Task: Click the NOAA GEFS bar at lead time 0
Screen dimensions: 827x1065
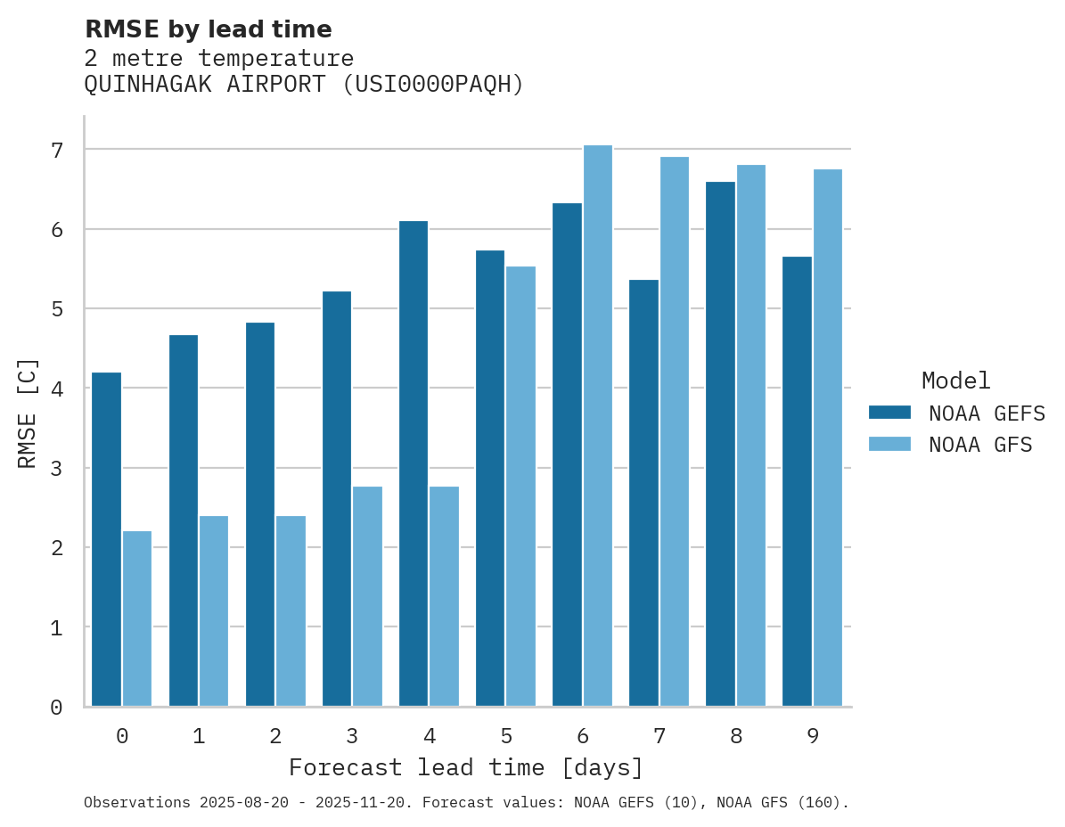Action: click(x=106, y=539)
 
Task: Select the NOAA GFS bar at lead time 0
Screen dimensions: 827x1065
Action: click(x=137, y=618)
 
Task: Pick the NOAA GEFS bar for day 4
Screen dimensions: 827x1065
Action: click(x=414, y=463)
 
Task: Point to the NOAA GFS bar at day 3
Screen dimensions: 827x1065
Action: click(x=367, y=596)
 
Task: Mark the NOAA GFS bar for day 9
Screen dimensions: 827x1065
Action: click(x=827, y=438)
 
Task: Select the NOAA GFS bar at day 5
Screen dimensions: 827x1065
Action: click(x=520, y=486)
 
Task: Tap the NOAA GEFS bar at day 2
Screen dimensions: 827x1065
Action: click(x=260, y=514)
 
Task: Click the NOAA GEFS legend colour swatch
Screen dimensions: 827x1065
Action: click(x=889, y=413)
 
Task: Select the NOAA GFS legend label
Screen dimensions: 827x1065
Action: click(x=980, y=445)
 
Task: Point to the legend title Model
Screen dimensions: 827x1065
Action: click(x=955, y=381)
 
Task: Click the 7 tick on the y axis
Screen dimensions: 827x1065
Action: click(x=56, y=150)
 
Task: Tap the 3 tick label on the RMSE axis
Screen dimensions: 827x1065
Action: click(x=56, y=468)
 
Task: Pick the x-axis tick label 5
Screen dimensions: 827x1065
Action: click(x=506, y=736)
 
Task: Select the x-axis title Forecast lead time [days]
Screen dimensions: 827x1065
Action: click(x=465, y=767)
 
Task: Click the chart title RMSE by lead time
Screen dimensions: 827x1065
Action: click(x=209, y=29)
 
